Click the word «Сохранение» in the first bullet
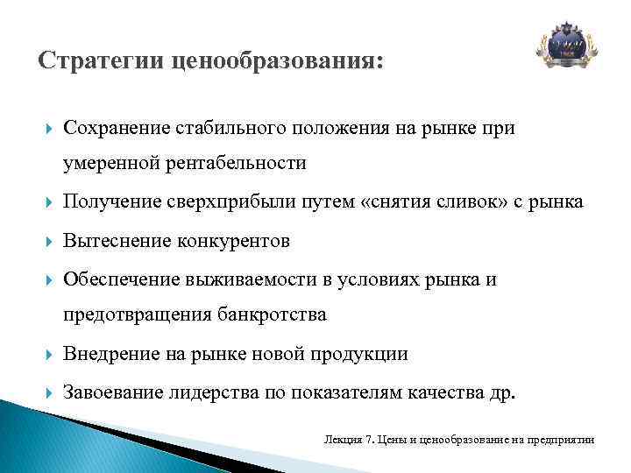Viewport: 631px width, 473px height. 112,129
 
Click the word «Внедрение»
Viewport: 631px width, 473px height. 107,354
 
